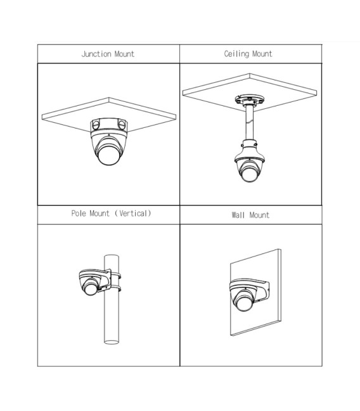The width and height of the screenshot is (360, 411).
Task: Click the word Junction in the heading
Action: click(x=96, y=54)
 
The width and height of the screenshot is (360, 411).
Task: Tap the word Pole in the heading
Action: click(x=79, y=213)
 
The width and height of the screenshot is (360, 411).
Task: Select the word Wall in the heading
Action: click(x=238, y=215)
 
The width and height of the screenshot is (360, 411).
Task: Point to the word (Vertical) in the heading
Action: click(x=132, y=213)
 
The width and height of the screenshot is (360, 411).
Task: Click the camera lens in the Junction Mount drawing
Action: click(x=109, y=155)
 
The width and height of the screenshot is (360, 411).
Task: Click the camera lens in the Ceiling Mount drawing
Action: click(x=248, y=174)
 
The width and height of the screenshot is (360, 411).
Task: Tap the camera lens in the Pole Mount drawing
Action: click(x=91, y=289)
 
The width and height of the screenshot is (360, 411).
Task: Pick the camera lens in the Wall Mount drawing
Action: click(x=243, y=303)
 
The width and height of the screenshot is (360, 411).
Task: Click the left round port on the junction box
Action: click(x=96, y=125)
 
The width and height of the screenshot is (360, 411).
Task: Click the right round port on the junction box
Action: click(x=122, y=125)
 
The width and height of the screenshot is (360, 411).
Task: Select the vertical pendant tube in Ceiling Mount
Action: click(x=250, y=123)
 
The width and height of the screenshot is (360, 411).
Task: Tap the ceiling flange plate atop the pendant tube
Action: click(x=250, y=99)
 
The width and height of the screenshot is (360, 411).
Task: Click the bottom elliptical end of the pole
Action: click(x=112, y=342)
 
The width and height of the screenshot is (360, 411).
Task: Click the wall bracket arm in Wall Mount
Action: click(x=260, y=288)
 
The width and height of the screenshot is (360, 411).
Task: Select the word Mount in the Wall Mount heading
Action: click(x=259, y=215)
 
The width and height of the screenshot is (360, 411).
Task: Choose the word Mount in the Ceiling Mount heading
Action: click(x=262, y=54)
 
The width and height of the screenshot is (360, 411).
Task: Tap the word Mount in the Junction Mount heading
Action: click(x=124, y=54)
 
